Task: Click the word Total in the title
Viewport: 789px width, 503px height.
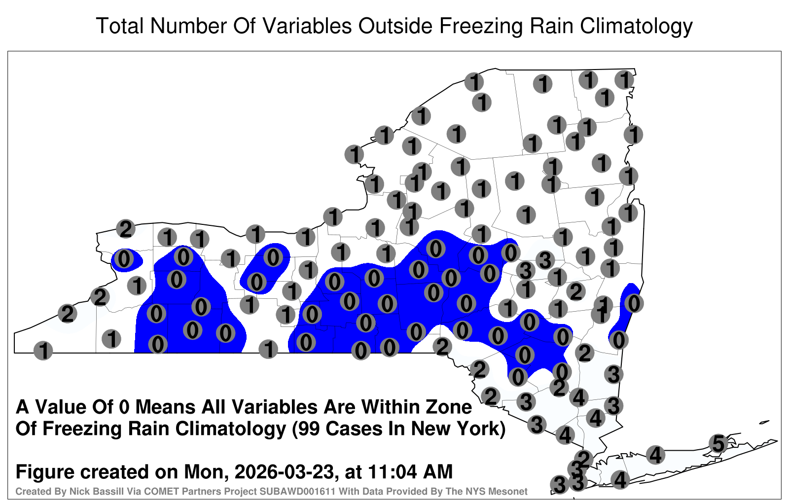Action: coord(120,26)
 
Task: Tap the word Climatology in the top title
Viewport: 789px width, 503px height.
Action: coord(636,27)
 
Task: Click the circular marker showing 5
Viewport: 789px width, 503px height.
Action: coord(718,443)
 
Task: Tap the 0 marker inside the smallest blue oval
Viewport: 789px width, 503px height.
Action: coord(124,259)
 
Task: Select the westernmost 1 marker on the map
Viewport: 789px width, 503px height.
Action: coord(43,351)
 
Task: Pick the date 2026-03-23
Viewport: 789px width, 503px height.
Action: coord(284,471)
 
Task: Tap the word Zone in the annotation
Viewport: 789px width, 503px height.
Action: coord(449,407)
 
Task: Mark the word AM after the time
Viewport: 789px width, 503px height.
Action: coord(438,471)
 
